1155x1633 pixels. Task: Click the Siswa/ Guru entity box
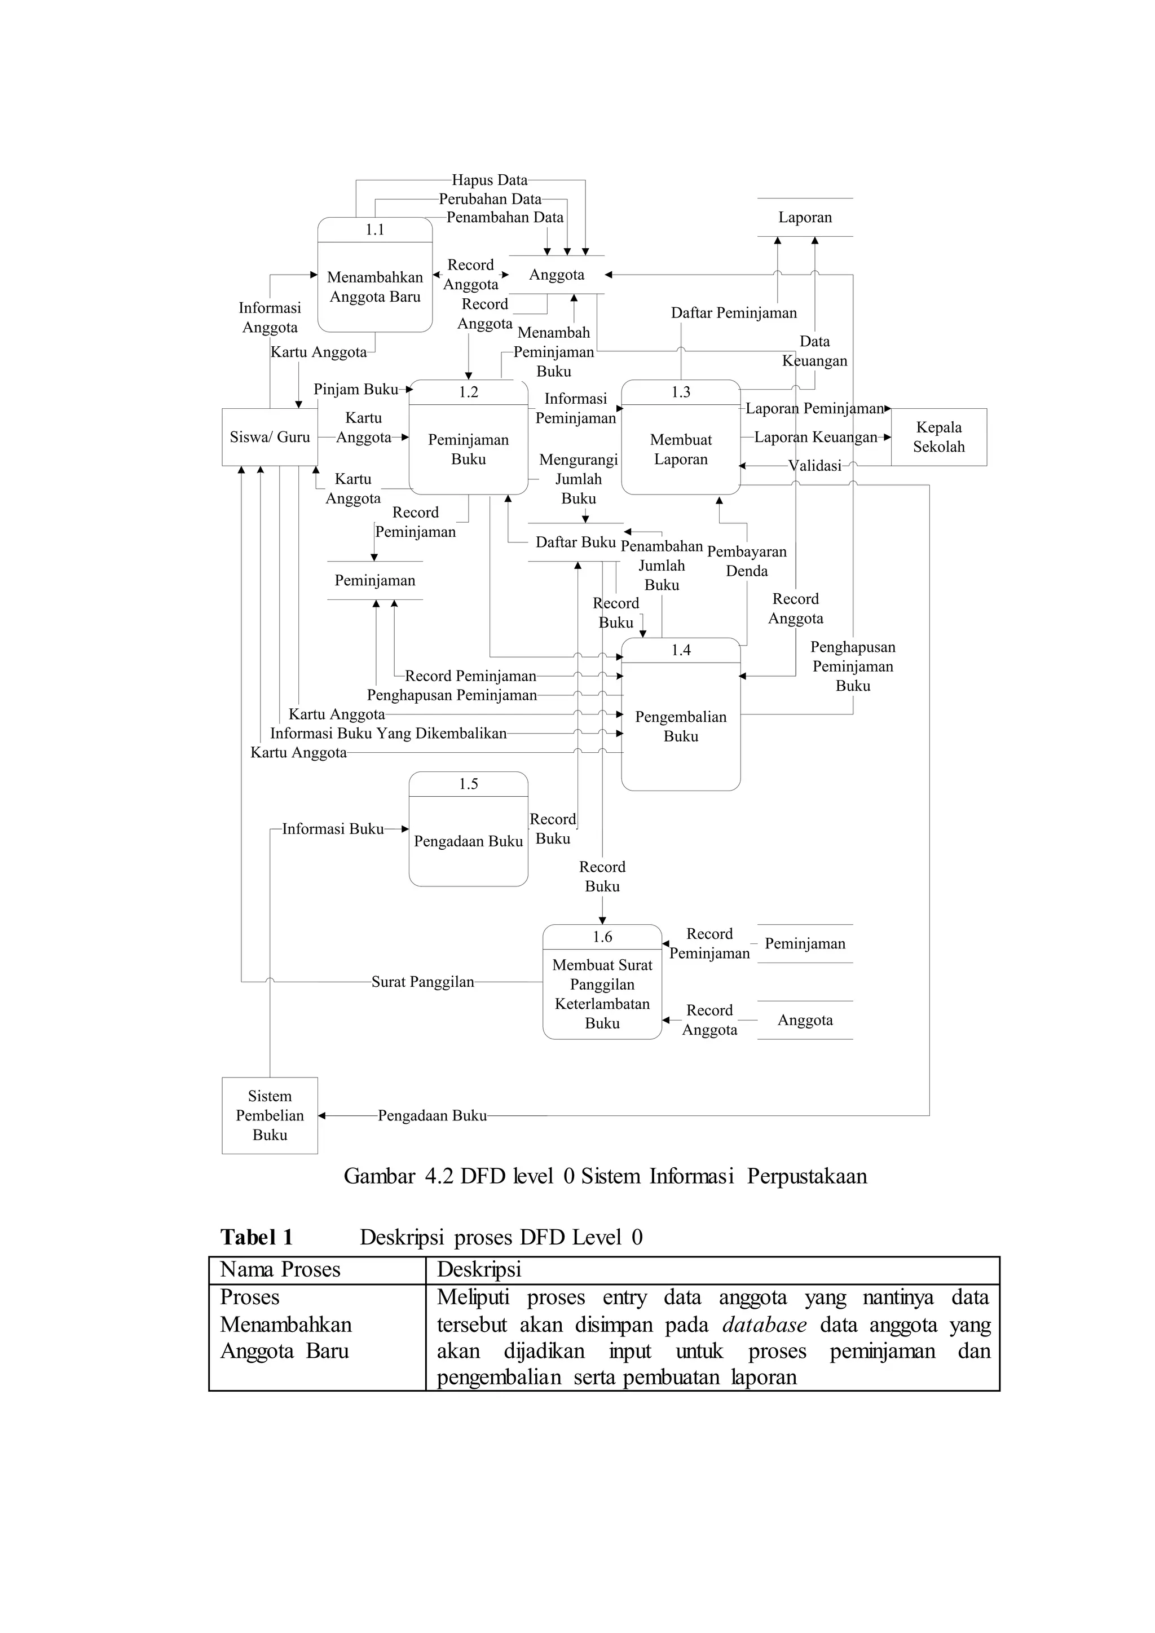pyautogui.click(x=270, y=438)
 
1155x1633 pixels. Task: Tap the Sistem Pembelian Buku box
pyautogui.click(x=270, y=1115)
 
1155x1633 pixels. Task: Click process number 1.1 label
pyautogui.click(x=375, y=229)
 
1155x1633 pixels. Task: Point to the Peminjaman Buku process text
pyautogui.click(x=468, y=449)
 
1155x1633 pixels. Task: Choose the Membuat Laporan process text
pyautogui.click(x=681, y=449)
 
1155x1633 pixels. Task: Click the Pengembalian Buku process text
pyautogui.click(x=681, y=726)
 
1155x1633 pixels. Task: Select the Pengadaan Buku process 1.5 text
pyautogui.click(x=468, y=841)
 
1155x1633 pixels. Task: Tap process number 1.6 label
pyautogui.click(x=602, y=937)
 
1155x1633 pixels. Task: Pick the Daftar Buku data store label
pyautogui.click(x=575, y=542)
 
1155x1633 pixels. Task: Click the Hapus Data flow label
pyautogui.click(x=490, y=180)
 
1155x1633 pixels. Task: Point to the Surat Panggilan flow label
pyautogui.click(x=422, y=982)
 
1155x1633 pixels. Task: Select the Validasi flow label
pyautogui.click(x=814, y=466)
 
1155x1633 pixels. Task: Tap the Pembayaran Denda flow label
pyautogui.click(x=746, y=561)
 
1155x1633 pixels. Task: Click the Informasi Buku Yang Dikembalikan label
pyautogui.click(x=389, y=733)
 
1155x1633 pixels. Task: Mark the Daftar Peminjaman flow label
pyautogui.click(x=733, y=313)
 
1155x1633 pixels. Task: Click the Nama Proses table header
pyautogui.click(x=280, y=1269)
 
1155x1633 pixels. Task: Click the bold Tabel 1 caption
pyautogui.click(x=257, y=1238)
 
